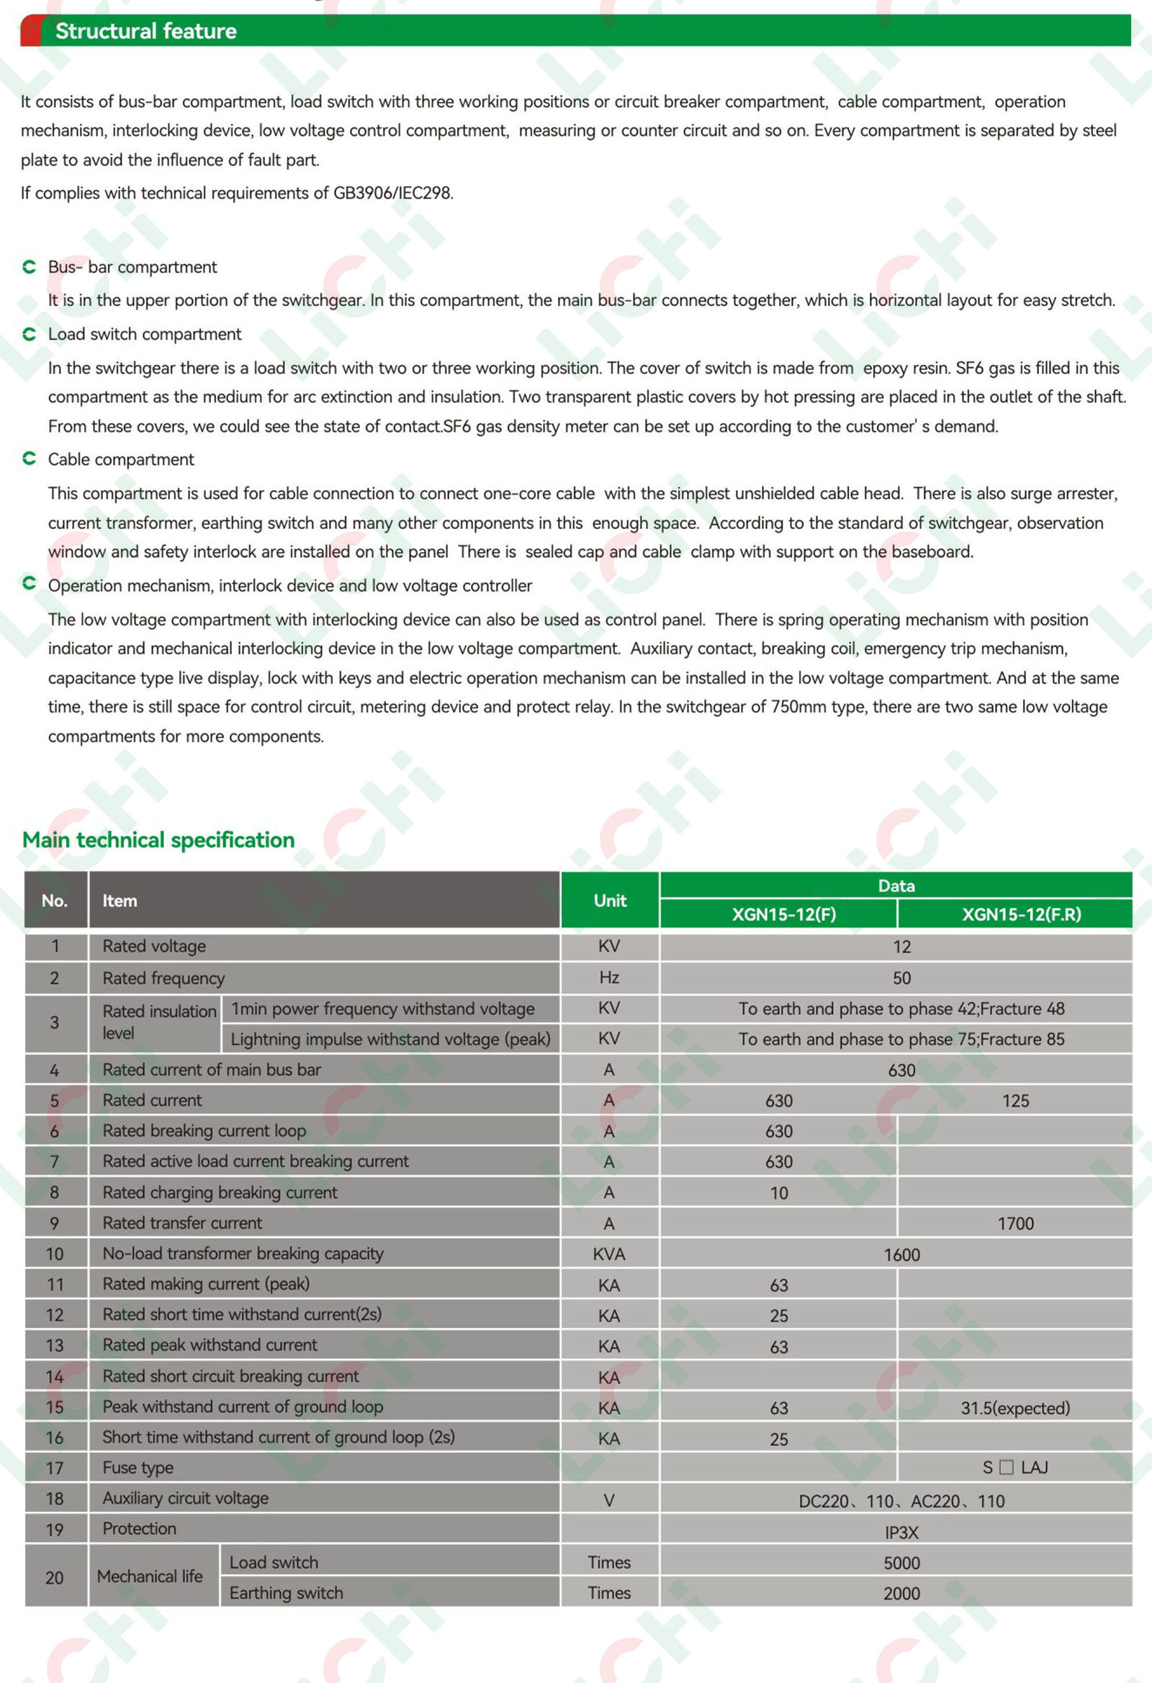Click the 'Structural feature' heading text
[145, 31]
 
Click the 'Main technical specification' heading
[158, 840]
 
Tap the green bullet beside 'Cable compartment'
[29, 459]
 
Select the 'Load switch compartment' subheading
[144, 334]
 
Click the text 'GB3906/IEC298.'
[392, 194]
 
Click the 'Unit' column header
[609, 900]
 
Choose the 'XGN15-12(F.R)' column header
[1021, 915]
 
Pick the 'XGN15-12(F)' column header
[783, 915]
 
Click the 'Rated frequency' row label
[163, 978]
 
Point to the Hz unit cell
[608, 978]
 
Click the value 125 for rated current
[1015, 1101]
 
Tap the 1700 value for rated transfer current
[1015, 1224]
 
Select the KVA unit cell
[608, 1254]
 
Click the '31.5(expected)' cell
[1015, 1408]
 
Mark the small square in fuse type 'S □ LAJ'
[1006, 1468]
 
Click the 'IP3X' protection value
[901, 1533]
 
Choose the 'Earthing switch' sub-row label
[286, 1592]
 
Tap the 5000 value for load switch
[901, 1563]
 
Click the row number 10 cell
[55, 1254]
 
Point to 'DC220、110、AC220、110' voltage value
[901, 1501]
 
